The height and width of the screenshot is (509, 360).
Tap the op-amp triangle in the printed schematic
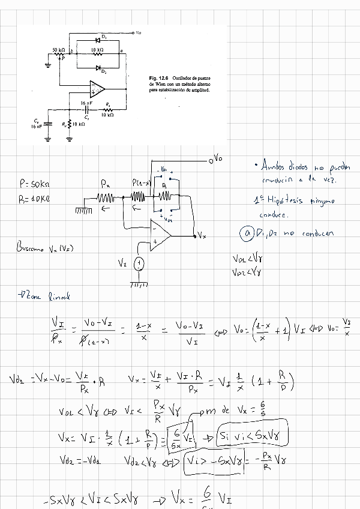(x=97, y=89)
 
